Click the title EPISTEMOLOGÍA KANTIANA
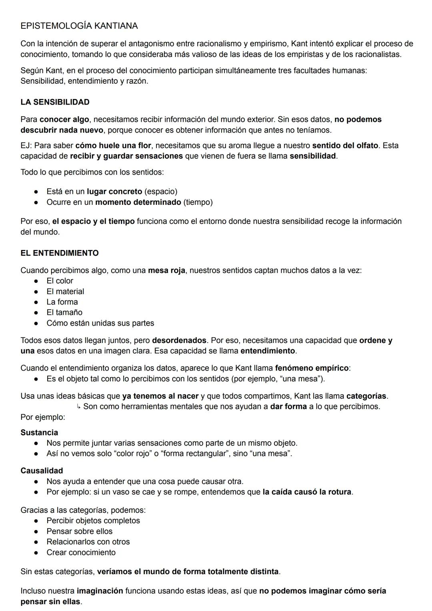(79, 26)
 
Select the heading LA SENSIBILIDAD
(55, 102)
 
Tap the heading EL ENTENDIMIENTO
(59, 253)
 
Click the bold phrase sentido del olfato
(345, 145)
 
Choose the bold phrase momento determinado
(138, 202)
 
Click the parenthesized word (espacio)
(161, 192)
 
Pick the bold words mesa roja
(166, 270)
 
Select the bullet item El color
(60, 281)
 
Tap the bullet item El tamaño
(64, 313)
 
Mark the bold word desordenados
(179, 341)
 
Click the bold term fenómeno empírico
(312, 368)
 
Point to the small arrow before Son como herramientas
(78, 407)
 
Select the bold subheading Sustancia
(39, 433)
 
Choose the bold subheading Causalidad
(42, 471)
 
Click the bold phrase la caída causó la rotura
(307, 492)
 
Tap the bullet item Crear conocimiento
(81, 553)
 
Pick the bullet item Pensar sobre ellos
(79, 531)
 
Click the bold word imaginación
(100, 591)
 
